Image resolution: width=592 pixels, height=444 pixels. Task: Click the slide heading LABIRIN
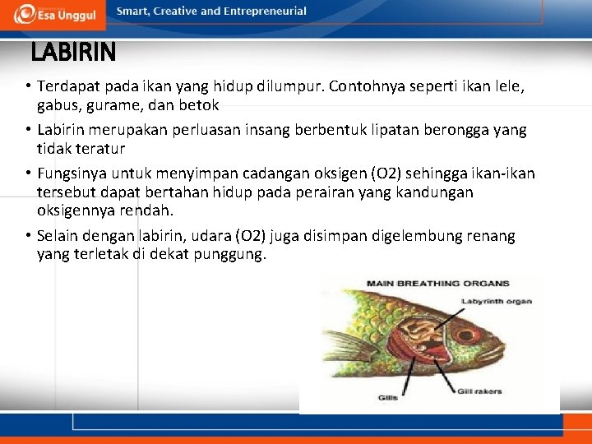(x=73, y=53)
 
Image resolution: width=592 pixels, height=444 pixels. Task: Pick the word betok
(x=200, y=105)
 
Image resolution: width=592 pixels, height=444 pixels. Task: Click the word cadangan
(x=267, y=174)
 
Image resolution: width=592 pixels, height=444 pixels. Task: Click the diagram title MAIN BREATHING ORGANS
(x=437, y=284)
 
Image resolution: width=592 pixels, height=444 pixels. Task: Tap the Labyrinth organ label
(x=497, y=301)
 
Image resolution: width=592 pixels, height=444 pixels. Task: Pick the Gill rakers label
(x=479, y=391)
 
